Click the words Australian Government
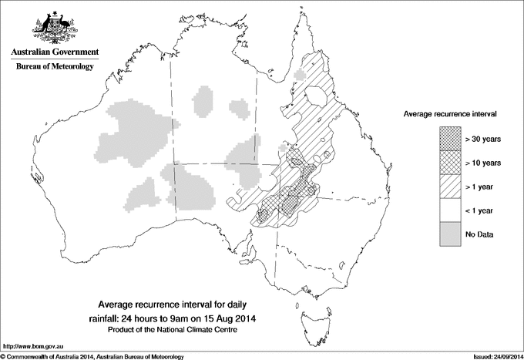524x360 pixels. (54, 52)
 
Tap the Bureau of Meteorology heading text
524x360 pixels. (54, 67)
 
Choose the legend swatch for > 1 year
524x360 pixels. (450, 186)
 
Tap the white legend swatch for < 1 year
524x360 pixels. (450, 210)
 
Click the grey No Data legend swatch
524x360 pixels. (450, 234)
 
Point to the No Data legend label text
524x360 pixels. (480, 234)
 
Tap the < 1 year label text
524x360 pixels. (481, 210)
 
